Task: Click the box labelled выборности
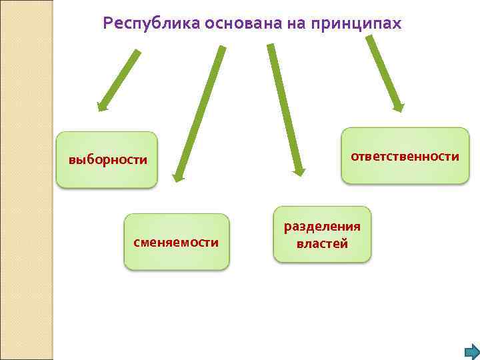click(107, 160)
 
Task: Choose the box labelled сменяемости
click(177, 241)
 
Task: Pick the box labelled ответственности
click(405, 156)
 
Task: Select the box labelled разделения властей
click(322, 234)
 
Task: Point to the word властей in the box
click(322, 243)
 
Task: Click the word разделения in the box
click(322, 226)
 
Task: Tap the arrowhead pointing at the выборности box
click(102, 105)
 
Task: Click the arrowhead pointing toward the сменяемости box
click(177, 177)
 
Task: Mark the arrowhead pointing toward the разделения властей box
click(299, 171)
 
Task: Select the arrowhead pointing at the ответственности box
click(398, 105)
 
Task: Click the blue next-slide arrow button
click(471, 351)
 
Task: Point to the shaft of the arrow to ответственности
click(383, 70)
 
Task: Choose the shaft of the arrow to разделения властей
click(283, 107)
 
